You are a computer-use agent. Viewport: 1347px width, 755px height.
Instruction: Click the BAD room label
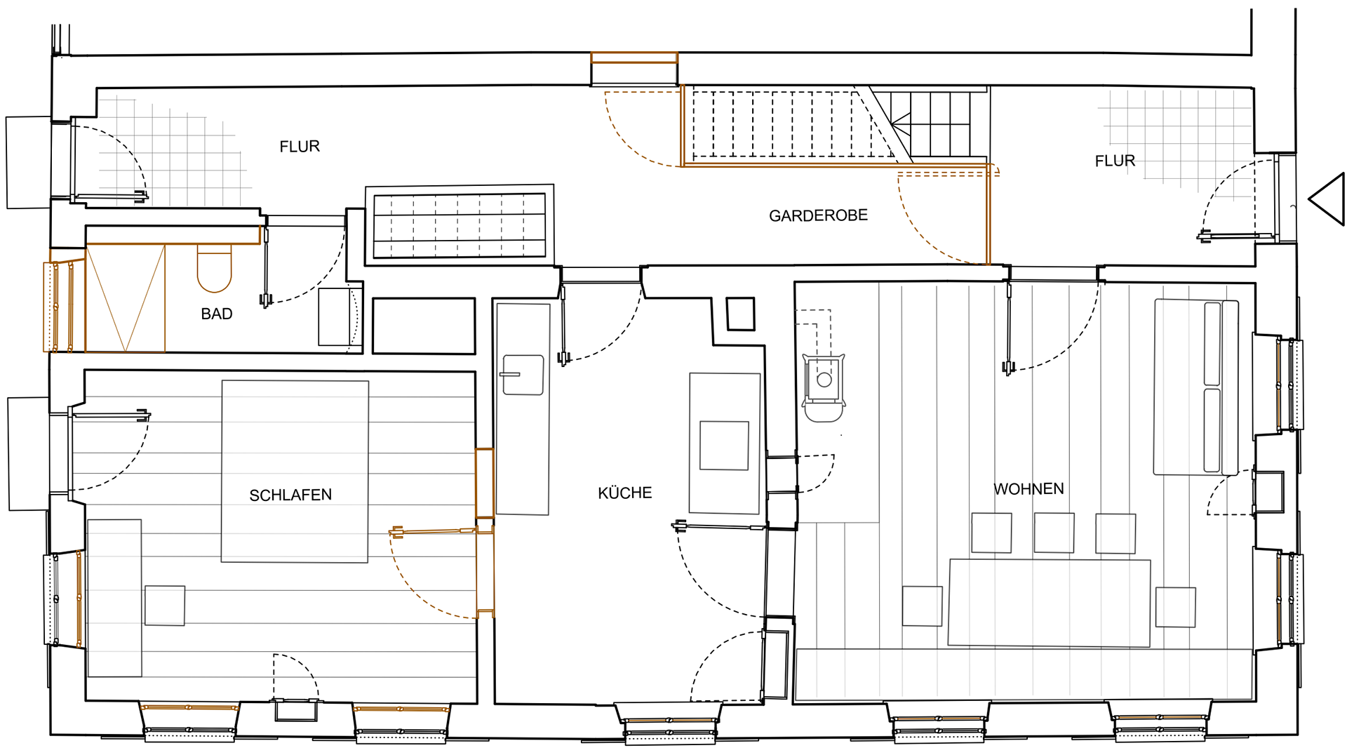click(x=216, y=314)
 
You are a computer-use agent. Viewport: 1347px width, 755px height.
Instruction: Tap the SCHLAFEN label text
click(x=290, y=495)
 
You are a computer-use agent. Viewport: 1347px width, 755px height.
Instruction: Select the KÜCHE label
click(x=624, y=493)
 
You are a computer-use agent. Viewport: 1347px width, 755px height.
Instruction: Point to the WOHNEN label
click(x=1028, y=489)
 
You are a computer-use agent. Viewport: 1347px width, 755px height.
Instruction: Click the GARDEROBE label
click(x=818, y=215)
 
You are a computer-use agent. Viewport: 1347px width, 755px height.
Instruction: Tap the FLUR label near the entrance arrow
click(x=1115, y=161)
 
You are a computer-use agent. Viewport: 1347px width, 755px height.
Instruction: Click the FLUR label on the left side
click(x=300, y=147)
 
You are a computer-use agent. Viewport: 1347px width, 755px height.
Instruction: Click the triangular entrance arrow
click(x=1327, y=199)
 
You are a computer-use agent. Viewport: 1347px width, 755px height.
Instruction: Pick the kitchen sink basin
click(x=523, y=375)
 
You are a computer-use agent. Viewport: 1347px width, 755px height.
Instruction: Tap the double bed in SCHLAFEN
click(x=295, y=472)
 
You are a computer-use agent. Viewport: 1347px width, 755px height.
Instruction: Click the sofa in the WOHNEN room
click(x=1195, y=387)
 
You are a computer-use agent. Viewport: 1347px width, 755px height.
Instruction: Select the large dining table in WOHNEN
click(x=1049, y=603)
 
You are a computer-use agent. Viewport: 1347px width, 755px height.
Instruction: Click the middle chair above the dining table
click(x=1054, y=533)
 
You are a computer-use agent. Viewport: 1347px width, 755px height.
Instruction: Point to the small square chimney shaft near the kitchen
click(x=740, y=314)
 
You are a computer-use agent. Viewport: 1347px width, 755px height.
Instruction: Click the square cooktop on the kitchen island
click(x=724, y=446)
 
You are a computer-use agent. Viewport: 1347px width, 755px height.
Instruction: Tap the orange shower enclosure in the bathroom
click(x=125, y=298)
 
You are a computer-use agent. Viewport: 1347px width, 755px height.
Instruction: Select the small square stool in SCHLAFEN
click(x=165, y=606)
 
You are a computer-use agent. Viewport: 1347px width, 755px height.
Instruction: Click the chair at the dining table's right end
click(x=1175, y=607)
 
